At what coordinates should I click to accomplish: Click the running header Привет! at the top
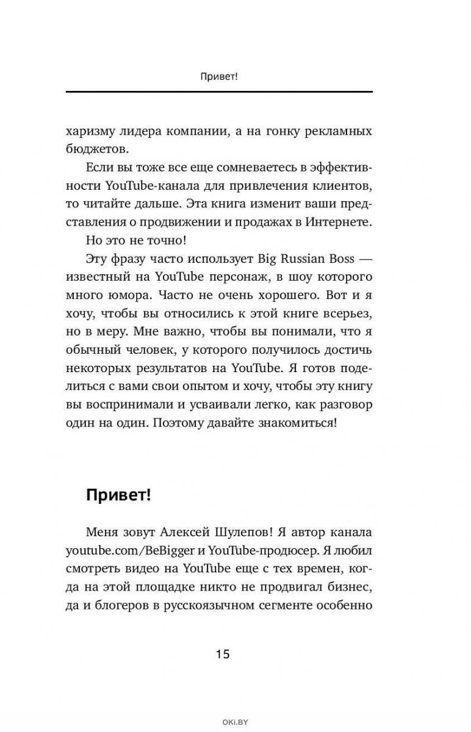[x=218, y=77]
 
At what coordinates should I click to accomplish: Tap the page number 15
[x=222, y=655]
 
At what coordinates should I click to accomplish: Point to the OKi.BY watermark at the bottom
[x=235, y=722]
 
